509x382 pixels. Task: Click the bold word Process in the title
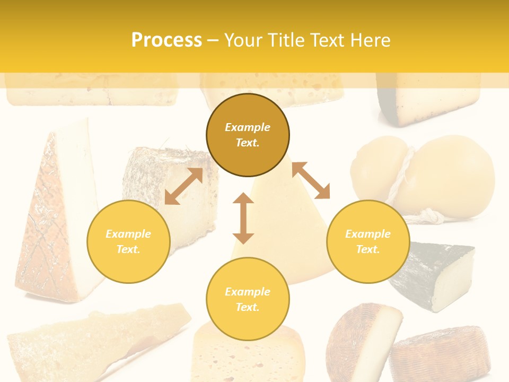point(166,40)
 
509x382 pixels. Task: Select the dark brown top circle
point(248,135)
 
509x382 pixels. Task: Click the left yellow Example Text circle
point(128,241)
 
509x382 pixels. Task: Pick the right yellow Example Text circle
point(367,241)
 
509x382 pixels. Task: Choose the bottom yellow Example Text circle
point(248,299)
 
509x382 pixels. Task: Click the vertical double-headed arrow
point(243,218)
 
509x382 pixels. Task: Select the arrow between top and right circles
point(311,180)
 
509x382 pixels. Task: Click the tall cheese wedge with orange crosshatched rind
point(53,212)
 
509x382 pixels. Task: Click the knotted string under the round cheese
point(429,215)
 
